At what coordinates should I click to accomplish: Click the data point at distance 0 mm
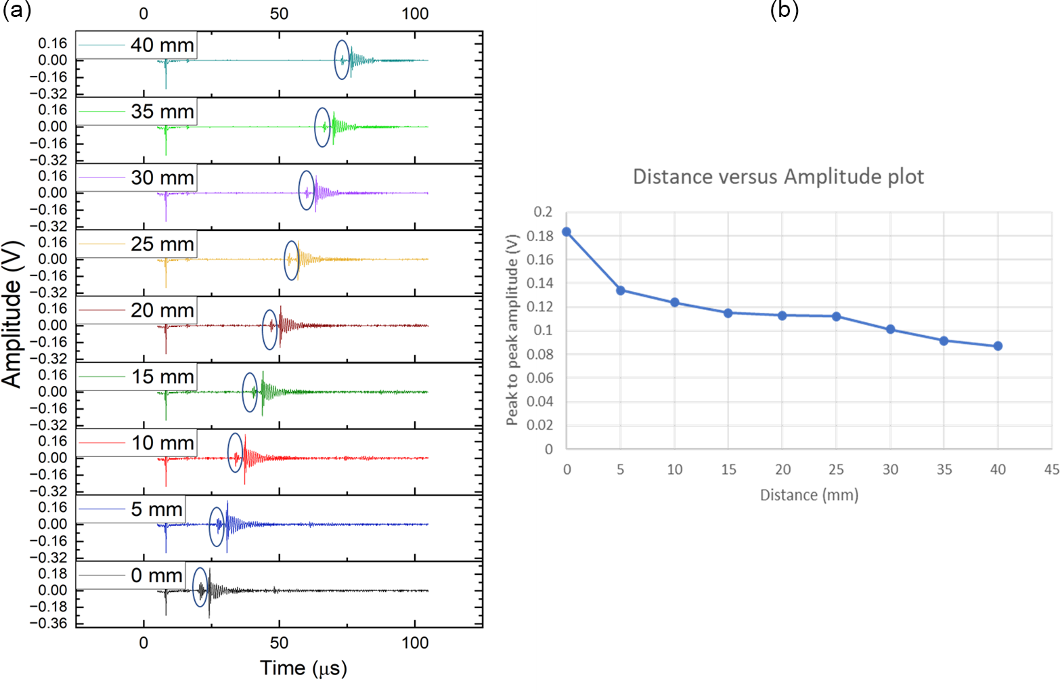pos(567,232)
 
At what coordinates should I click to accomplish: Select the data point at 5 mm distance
pos(621,290)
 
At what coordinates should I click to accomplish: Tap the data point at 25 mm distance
pos(837,316)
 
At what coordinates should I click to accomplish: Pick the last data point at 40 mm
pos(998,346)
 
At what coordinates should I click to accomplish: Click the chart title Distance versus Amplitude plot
pos(778,177)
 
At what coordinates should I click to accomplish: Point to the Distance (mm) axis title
pos(809,495)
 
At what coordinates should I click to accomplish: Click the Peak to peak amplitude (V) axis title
pos(512,330)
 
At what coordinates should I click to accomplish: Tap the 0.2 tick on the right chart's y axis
pos(543,212)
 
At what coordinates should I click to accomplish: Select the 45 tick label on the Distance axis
pos(1051,469)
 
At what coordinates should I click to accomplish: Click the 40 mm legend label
pos(162,45)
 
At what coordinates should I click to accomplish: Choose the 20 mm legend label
pos(162,311)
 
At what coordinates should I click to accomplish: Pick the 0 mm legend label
pos(156,576)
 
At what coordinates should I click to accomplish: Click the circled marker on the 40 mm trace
pos(343,60)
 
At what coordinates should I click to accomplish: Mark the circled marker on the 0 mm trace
pos(200,588)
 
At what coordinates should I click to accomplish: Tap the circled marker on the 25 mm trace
pos(291,260)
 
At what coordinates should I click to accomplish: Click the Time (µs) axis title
pos(304,668)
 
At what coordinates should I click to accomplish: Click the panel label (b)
pos(785,9)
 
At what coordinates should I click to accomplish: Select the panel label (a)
pos(17,9)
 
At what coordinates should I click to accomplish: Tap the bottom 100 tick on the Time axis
pos(415,643)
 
